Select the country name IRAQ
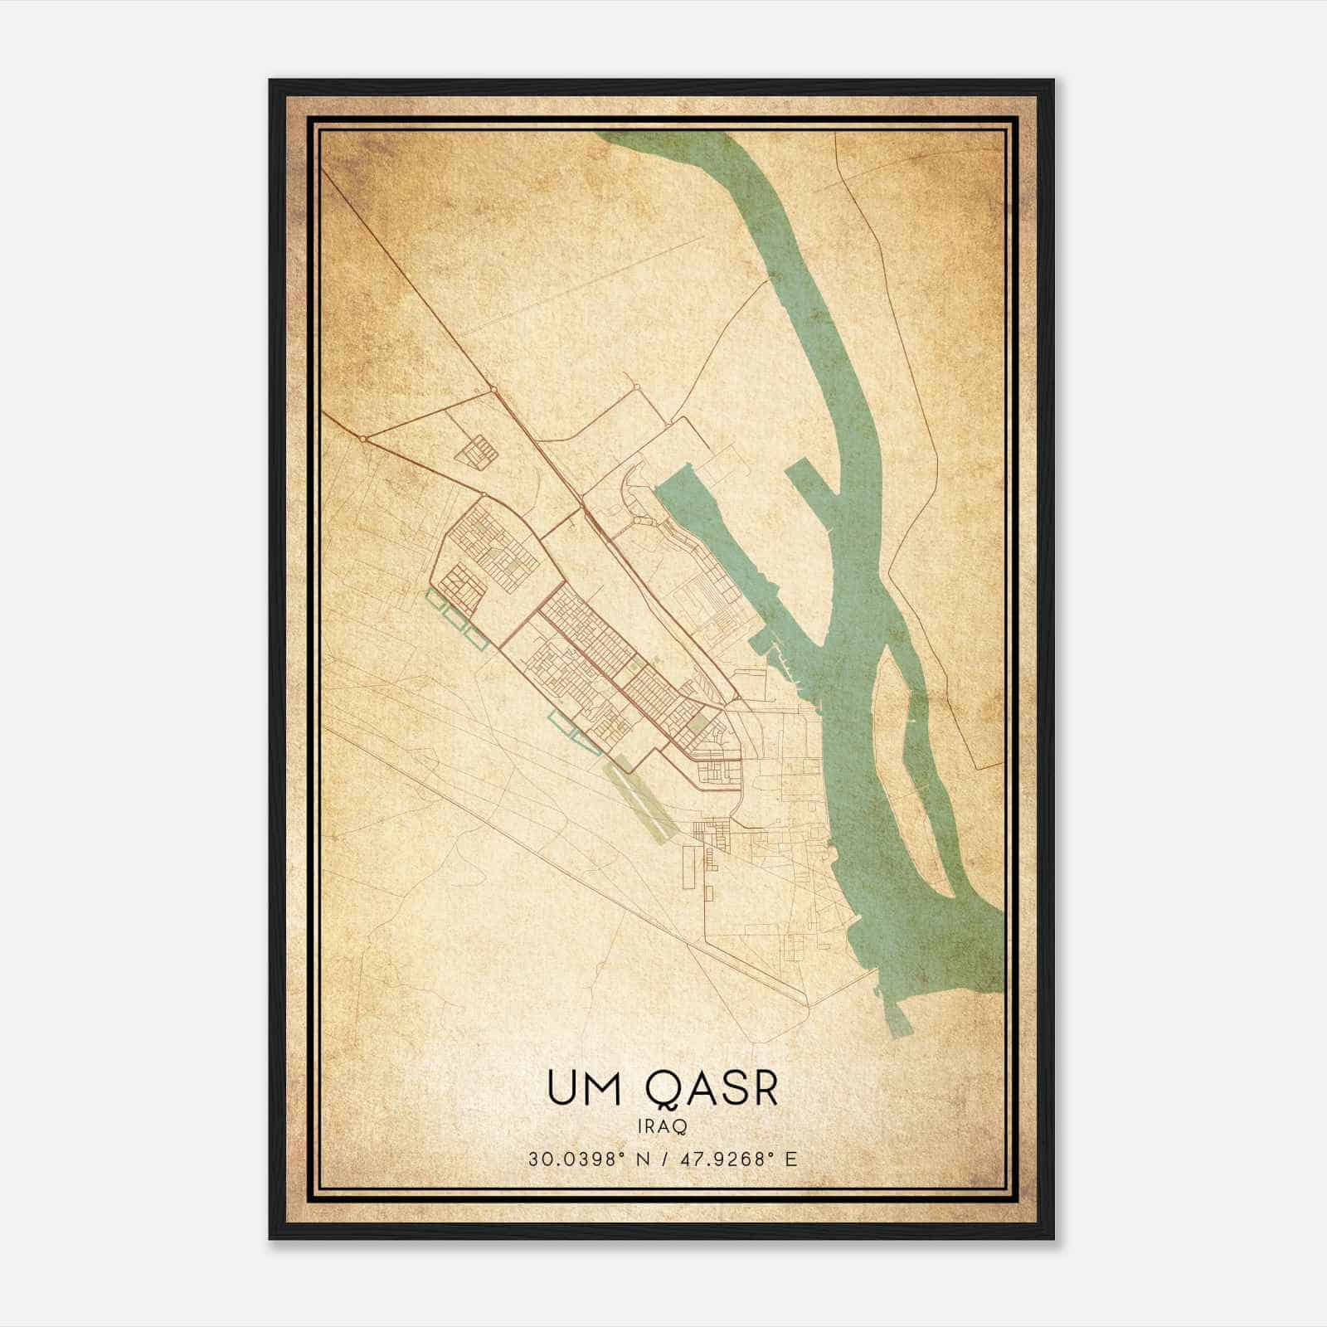click(663, 1126)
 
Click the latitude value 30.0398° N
click(578, 1159)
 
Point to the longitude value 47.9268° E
click(738, 1159)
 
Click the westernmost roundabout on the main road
click(363, 438)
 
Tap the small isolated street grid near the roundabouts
click(479, 453)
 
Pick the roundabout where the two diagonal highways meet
click(493, 389)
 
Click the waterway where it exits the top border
click(663, 134)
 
